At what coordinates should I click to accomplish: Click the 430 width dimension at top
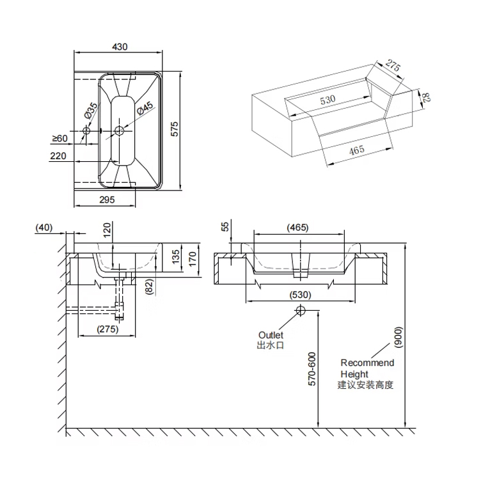120,47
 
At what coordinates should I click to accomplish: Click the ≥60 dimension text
59,138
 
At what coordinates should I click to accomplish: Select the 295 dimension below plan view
107,200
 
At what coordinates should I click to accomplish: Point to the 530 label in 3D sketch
327,100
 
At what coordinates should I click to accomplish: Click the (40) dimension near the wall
44,227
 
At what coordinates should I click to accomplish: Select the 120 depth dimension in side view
107,228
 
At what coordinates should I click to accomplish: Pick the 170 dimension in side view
192,258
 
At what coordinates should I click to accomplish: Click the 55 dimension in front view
225,226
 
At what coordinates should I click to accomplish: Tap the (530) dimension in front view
300,295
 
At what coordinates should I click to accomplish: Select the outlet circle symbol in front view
301,310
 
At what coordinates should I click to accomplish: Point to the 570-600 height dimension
312,369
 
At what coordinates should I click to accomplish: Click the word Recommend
367,363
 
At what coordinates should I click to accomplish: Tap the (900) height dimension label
398,337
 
